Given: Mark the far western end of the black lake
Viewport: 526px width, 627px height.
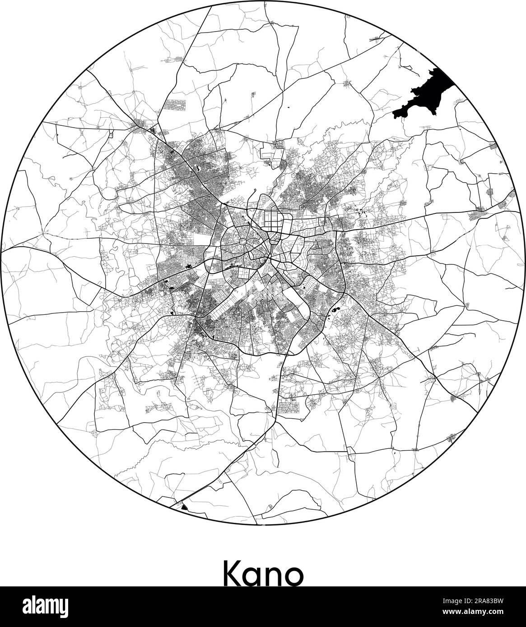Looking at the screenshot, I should (x=394, y=112).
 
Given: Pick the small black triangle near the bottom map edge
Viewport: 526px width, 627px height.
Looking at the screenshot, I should (x=184, y=507).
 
